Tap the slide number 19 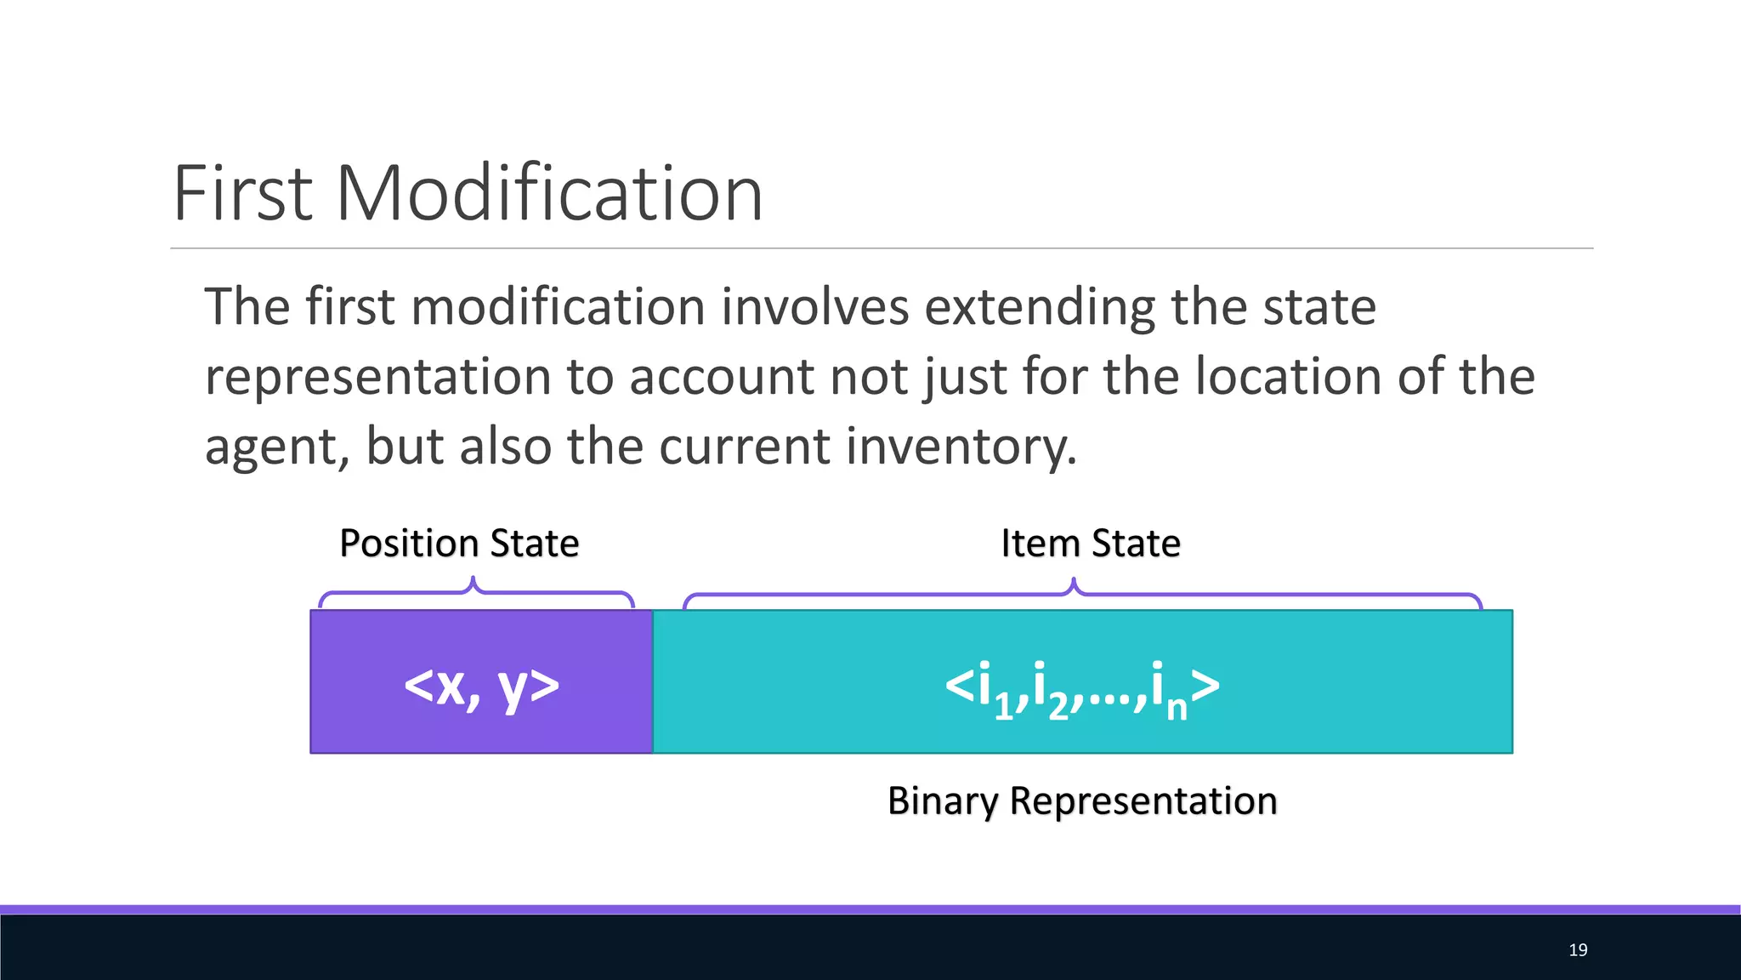coord(1578,949)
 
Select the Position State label coord(459,543)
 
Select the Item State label coord(1091,543)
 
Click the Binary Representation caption coord(1082,801)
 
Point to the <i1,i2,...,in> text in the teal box coord(1082,686)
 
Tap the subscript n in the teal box coord(1177,708)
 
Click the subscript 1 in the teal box coord(1004,708)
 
